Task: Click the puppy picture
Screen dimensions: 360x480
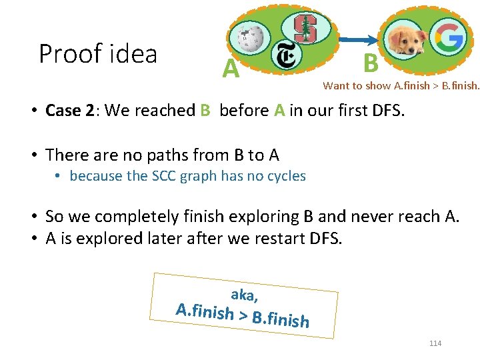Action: [x=406, y=40]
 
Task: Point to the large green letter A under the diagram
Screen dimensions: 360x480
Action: [x=231, y=68]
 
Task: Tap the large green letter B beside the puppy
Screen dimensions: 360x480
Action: [x=371, y=63]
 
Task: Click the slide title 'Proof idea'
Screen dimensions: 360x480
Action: [x=98, y=53]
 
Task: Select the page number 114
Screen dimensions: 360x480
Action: [x=435, y=343]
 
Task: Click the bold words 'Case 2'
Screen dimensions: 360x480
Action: [x=69, y=111]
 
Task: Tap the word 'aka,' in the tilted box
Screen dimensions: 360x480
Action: [x=245, y=294]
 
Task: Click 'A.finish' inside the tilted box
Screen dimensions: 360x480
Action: [x=204, y=311]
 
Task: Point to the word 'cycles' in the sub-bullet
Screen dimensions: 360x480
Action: [x=284, y=176]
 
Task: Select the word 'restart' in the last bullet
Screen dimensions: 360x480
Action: [x=262, y=238]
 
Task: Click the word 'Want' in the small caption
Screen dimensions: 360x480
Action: [x=335, y=85]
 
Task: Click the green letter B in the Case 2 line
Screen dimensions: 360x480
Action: [x=205, y=111]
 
